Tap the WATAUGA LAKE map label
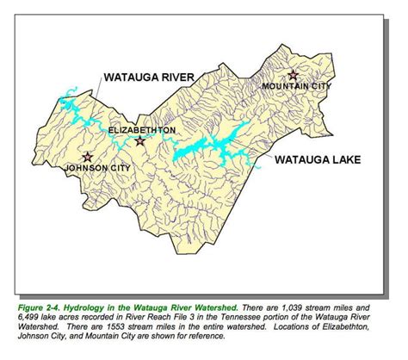pos(315,159)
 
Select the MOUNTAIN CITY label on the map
pos(294,87)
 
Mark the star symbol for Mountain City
pos(294,74)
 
